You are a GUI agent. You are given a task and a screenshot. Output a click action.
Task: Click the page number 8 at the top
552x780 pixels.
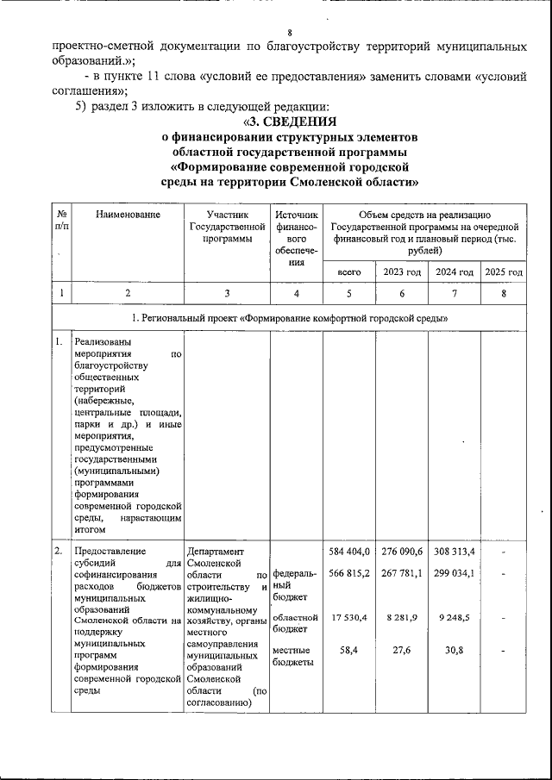[x=290, y=9]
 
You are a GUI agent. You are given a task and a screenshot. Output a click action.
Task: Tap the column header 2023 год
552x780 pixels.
[x=401, y=271]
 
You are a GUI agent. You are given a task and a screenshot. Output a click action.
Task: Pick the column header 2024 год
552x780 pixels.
[x=455, y=271]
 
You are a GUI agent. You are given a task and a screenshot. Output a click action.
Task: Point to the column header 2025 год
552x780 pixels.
[x=504, y=271]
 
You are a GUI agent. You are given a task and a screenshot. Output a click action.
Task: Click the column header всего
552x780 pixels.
[x=348, y=271]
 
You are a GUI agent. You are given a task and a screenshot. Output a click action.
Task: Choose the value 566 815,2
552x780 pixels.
[x=349, y=573]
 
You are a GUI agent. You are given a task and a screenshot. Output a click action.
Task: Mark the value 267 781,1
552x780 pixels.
[x=401, y=573]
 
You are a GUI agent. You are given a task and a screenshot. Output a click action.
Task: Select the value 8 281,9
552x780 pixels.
[x=403, y=618]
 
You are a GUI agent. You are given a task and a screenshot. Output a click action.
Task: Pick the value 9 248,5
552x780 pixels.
[x=455, y=618]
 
